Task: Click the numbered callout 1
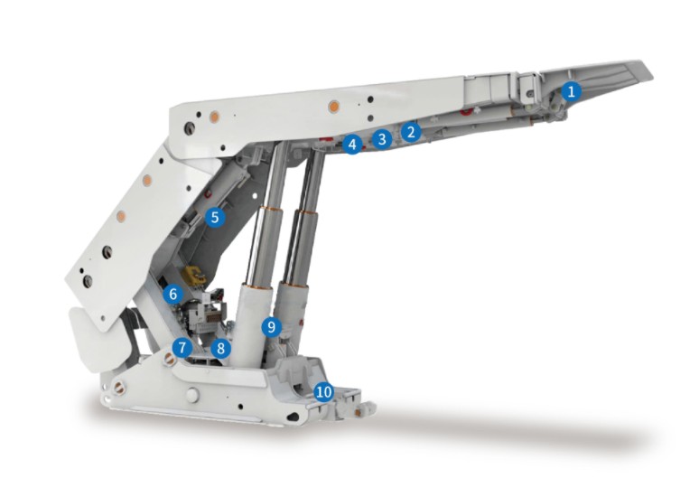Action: [x=571, y=91]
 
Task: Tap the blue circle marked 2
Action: [x=411, y=132]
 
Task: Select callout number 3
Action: [x=382, y=139]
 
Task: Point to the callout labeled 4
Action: [x=352, y=145]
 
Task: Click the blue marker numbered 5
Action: [x=215, y=218]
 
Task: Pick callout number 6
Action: [x=173, y=294]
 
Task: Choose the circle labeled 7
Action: [x=182, y=347]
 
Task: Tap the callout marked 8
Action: [x=220, y=348]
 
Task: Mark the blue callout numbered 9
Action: [x=272, y=327]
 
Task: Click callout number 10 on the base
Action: [x=323, y=392]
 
